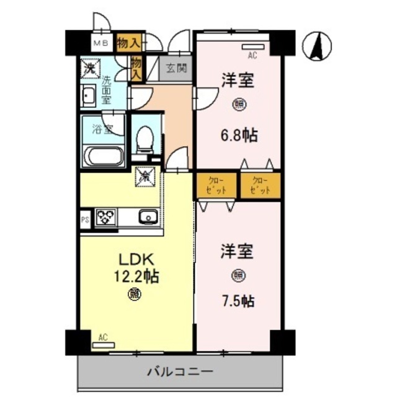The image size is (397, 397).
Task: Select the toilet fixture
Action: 144,138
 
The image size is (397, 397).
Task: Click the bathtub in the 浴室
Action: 103,155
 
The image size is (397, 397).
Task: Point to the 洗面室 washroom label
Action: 107,89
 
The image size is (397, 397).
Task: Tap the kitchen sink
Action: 147,217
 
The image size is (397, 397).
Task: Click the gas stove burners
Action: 105,217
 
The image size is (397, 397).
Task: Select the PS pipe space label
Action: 85,218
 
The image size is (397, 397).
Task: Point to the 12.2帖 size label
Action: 136,276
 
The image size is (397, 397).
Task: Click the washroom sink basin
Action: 88,97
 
